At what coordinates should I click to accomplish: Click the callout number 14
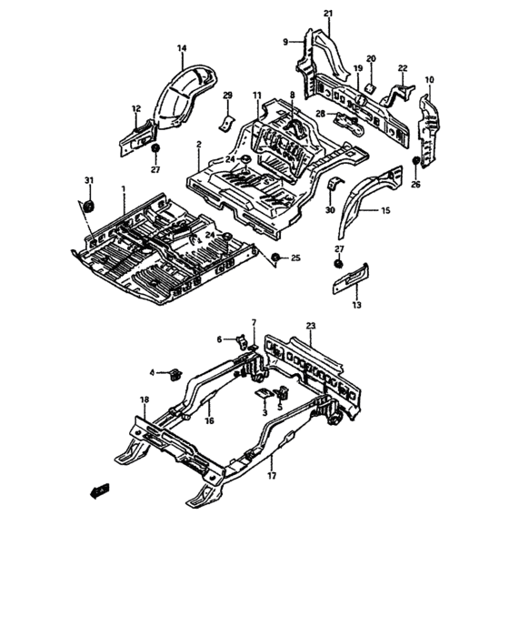181,47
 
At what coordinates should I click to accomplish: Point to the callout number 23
311,325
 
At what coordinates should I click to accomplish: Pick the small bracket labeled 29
227,119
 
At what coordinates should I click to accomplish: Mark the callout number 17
272,475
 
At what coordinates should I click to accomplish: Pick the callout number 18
144,399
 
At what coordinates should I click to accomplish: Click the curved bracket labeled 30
332,188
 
